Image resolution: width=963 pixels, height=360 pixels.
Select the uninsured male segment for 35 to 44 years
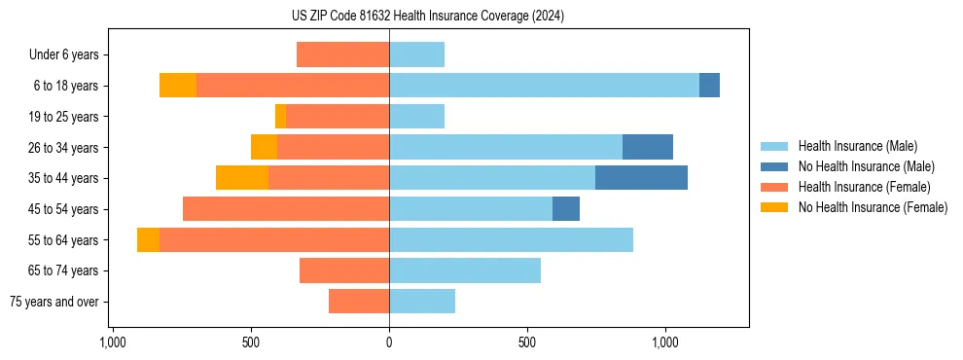pos(641,178)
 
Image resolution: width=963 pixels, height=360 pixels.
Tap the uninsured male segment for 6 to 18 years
pos(709,86)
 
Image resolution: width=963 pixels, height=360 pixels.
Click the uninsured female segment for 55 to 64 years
pos(148,240)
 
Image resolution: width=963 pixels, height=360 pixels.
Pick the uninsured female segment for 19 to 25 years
pos(280,117)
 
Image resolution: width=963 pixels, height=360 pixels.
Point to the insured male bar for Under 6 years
pos(416,54)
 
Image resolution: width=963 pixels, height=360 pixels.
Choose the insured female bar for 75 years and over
pos(359,302)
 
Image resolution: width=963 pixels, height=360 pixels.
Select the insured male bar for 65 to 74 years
pos(465,270)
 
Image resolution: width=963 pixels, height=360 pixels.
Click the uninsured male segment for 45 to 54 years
pos(566,209)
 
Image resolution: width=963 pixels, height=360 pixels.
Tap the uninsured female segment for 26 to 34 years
pos(264,147)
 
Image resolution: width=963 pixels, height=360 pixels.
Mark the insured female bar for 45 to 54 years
pos(286,209)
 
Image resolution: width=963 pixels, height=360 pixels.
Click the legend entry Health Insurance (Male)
pos(857,146)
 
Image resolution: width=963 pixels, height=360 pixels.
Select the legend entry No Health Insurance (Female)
pos(873,207)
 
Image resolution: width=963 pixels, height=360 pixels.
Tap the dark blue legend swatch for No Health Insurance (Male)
pos(775,166)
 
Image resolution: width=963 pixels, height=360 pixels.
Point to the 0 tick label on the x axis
pos(389,342)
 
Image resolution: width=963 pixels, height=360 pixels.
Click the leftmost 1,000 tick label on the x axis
pos(113,342)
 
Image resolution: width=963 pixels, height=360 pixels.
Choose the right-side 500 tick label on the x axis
pos(527,342)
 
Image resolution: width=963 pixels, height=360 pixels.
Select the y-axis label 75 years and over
pos(53,302)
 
